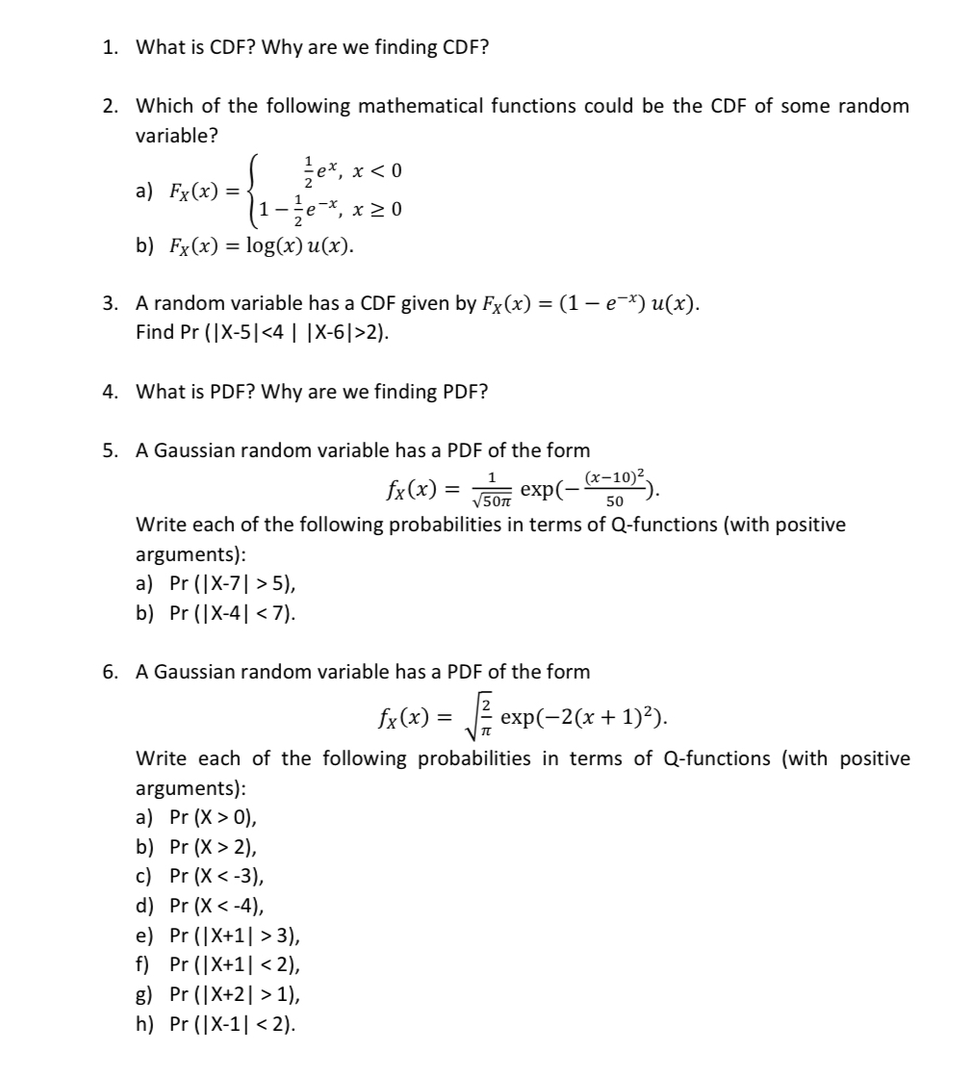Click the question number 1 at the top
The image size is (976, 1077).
point(109,46)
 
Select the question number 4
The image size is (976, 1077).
point(109,392)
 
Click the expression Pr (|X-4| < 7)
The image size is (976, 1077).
point(232,611)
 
